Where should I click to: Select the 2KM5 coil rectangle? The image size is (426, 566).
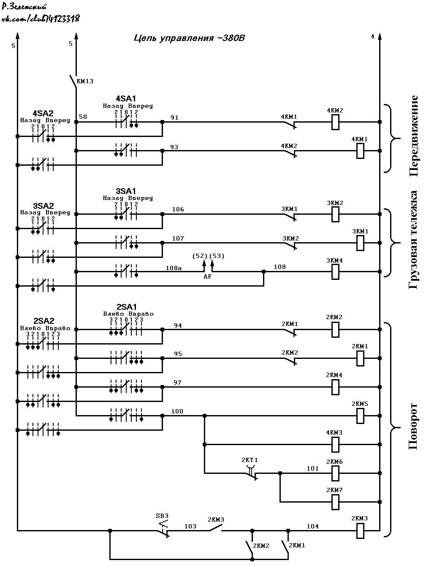(360, 416)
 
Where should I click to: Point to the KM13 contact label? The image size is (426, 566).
(85, 82)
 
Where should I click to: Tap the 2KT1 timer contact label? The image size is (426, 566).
(250, 460)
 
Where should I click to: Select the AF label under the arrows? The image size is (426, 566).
(207, 277)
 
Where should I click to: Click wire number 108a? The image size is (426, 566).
(174, 268)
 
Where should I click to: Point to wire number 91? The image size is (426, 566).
(174, 118)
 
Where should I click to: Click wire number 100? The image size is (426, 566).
(177, 411)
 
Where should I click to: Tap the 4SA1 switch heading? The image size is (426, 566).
(126, 98)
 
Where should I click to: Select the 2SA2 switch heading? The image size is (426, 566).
(44, 321)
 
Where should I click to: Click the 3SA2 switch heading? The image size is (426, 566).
(43, 206)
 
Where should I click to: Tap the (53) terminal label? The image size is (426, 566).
(217, 256)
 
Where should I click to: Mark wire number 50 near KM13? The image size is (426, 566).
(83, 117)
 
